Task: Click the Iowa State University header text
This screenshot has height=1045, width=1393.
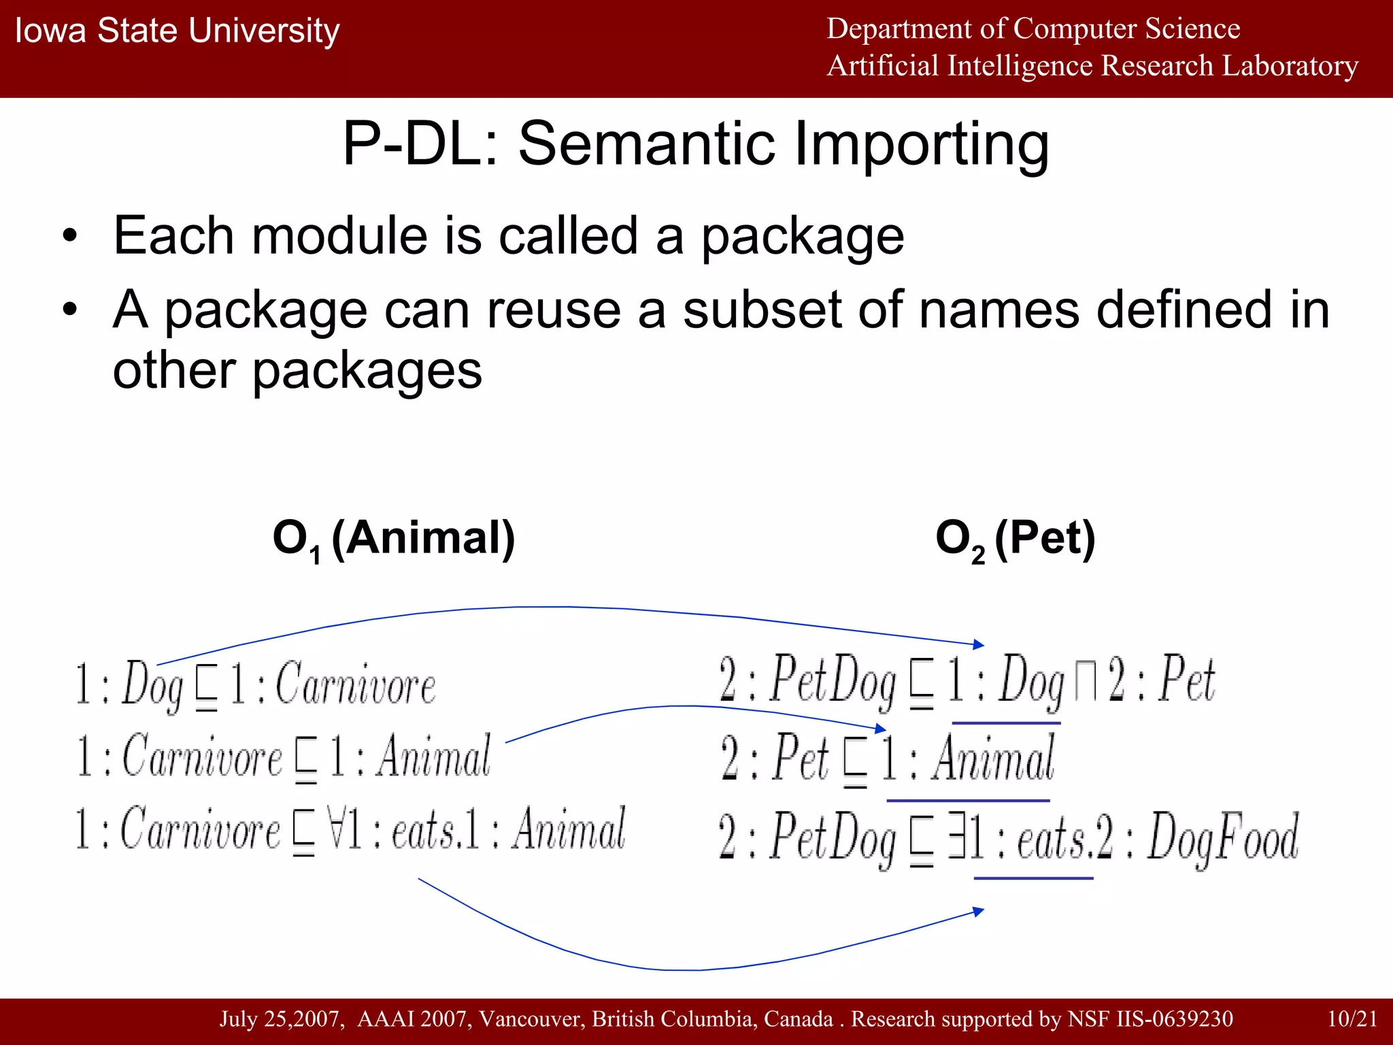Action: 177,31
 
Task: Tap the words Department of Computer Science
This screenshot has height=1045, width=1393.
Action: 1033,29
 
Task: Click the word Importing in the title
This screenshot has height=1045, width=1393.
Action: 921,145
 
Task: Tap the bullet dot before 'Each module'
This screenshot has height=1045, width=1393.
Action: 70,237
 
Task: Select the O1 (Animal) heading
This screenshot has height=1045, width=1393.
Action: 394,539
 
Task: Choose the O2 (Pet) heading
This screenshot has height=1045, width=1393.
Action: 1015,539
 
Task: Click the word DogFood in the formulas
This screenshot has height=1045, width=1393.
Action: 1223,837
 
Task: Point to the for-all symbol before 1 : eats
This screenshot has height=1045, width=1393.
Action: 335,829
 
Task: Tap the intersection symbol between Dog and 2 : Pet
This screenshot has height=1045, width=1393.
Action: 1085,682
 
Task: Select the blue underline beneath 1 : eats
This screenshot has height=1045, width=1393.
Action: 1033,878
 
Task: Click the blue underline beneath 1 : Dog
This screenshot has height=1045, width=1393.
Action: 1006,723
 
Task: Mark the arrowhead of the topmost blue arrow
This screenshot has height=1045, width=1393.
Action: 979,644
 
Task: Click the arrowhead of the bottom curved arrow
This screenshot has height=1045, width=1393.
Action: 979,912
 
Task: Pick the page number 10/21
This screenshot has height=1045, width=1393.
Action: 1352,1018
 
